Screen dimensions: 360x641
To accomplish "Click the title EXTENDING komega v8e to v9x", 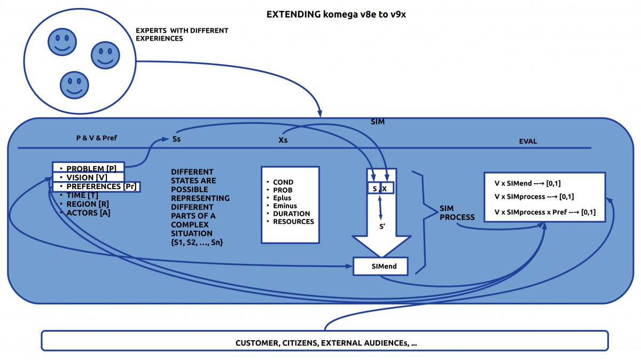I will coord(337,14).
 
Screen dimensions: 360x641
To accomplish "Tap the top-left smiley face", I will coord(60,42).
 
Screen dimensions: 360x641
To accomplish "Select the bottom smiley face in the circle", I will coord(74,85).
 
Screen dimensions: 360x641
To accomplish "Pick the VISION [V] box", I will coord(88,177).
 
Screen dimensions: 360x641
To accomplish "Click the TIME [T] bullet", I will coord(82,195).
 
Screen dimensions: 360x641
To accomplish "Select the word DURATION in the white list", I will coord(291,214).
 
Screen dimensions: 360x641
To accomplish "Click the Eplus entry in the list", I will coord(282,198).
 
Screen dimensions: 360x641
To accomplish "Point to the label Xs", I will coord(285,141).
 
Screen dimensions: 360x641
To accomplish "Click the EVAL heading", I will coord(528,142).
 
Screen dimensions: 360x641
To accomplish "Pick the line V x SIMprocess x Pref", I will coord(545,212).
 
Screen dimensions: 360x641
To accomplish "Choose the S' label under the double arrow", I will coord(382,226).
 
